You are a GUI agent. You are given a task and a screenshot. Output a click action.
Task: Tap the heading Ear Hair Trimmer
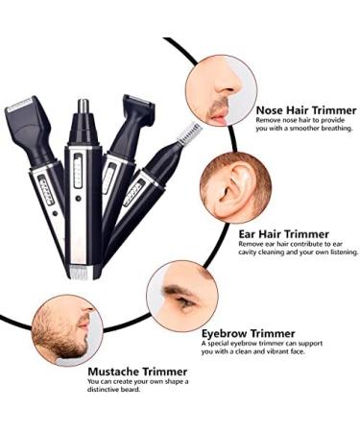click(x=283, y=233)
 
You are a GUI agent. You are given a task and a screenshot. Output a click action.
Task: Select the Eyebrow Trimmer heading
click(x=252, y=333)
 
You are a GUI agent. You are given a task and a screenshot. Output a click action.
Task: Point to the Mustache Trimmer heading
click(x=138, y=372)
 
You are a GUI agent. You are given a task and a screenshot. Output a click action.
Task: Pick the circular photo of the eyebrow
click(x=182, y=298)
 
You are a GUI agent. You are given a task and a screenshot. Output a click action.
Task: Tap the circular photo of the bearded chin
click(x=63, y=327)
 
